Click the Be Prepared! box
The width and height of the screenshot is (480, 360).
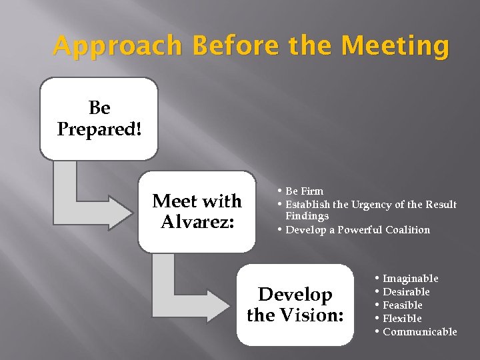(99, 119)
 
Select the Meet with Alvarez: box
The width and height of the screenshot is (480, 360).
(197, 211)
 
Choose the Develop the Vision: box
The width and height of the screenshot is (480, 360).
(295, 305)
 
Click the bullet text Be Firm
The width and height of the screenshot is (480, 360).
(304, 192)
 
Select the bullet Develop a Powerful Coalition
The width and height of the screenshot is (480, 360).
(357, 230)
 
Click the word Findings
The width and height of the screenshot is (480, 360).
(307, 216)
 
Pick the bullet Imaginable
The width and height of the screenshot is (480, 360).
(410, 279)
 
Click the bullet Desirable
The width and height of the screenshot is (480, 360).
(406, 292)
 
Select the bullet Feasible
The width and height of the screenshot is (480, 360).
(402, 305)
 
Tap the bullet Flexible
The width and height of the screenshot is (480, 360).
(402, 319)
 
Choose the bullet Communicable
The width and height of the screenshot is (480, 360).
(419, 332)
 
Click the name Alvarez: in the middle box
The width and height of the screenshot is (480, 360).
(197, 221)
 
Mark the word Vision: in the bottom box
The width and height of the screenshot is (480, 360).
(316, 315)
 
